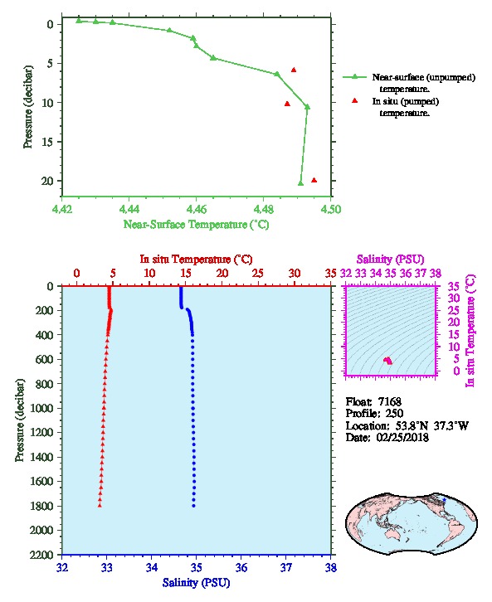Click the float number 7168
pos(389,401)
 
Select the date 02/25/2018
pos(402,437)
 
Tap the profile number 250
pos(394,414)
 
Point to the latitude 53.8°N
pos(412,425)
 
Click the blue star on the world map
pos(444,500)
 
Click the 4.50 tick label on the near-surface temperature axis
pos(331,209)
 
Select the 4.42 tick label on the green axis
pos(61,209)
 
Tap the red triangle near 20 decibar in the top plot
pos(314,180)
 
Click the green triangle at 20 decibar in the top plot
pos(300,183)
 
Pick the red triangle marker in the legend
pos(354,100)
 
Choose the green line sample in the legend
pos(354,77)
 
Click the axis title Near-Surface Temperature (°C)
pos(196,225)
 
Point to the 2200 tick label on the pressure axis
pos(42,555)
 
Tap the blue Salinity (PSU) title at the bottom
pos(197,582)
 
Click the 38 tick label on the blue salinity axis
pos(331,567)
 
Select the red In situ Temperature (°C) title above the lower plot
pos(196,260)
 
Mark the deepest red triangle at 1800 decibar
pos(100,505)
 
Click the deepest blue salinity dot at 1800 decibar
pos(193,506)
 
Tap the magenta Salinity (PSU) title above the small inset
pos(390,260)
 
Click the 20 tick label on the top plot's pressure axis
pos(46,181)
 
